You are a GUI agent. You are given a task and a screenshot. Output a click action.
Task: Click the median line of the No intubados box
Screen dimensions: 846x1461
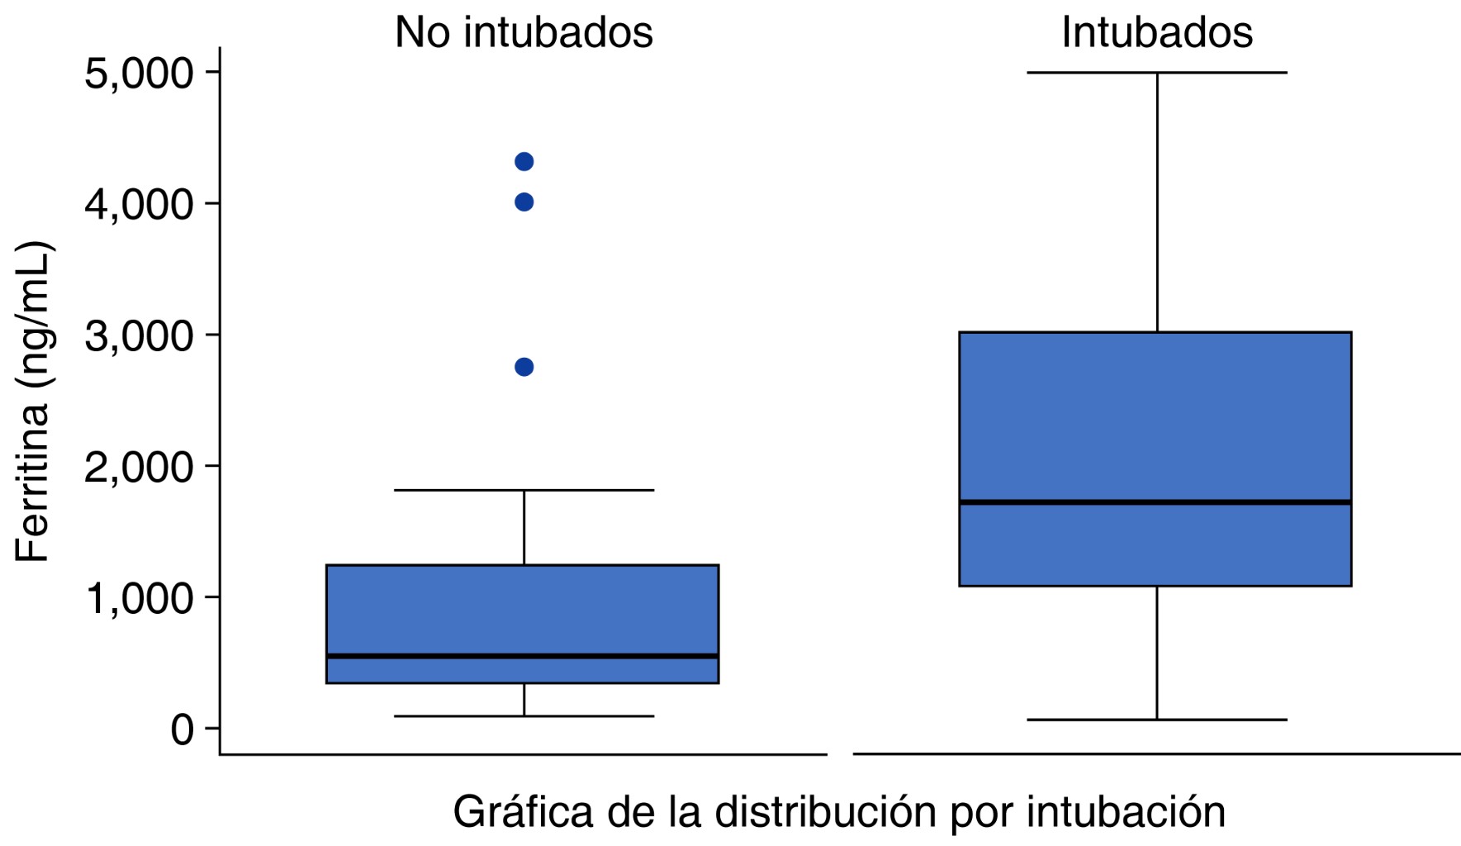pos(522,656)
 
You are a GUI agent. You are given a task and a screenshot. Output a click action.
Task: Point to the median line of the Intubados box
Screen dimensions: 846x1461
pos(1155,501)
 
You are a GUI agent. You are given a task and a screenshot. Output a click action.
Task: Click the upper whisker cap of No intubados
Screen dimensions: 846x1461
pos(524,490)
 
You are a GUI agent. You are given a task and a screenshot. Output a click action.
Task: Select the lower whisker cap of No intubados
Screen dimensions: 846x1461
pos(524,715)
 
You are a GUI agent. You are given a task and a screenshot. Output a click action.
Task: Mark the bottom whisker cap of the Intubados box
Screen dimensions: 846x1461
pos(1156,720)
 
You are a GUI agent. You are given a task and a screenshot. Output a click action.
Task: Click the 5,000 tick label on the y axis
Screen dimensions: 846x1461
pos(139,73)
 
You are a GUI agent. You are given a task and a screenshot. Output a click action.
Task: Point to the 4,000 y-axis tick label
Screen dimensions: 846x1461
pos(139,204)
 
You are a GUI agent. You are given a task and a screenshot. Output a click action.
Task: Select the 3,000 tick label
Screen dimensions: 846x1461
pos(139,335)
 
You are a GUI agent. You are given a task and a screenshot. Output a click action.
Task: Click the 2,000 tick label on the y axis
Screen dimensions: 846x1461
pos(139,467)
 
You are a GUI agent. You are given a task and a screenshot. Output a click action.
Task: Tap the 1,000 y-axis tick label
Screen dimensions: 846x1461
pos(139,598)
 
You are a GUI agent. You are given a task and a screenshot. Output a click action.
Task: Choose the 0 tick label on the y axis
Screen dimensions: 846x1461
pos(182,730)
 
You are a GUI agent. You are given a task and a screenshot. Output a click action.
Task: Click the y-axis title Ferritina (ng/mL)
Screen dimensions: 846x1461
pos(33,402)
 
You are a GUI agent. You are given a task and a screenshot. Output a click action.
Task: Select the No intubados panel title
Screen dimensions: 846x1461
pos(524,33)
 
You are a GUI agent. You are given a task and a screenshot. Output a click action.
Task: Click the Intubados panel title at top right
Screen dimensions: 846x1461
pos(1156,33)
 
